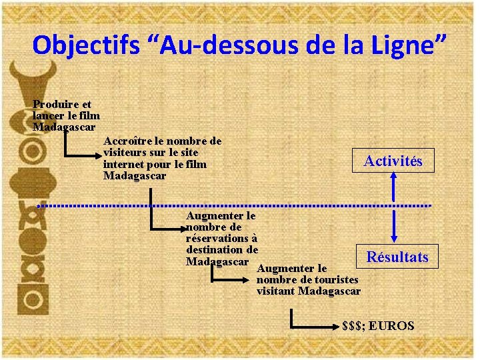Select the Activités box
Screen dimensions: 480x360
click(x=393, y=161)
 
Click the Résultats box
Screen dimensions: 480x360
click(x=397, y=257)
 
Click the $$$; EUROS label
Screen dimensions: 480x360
click(x=377, y=326)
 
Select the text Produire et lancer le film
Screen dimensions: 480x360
click(x=65, y=110)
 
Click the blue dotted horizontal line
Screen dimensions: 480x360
click(x=233, y=205)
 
